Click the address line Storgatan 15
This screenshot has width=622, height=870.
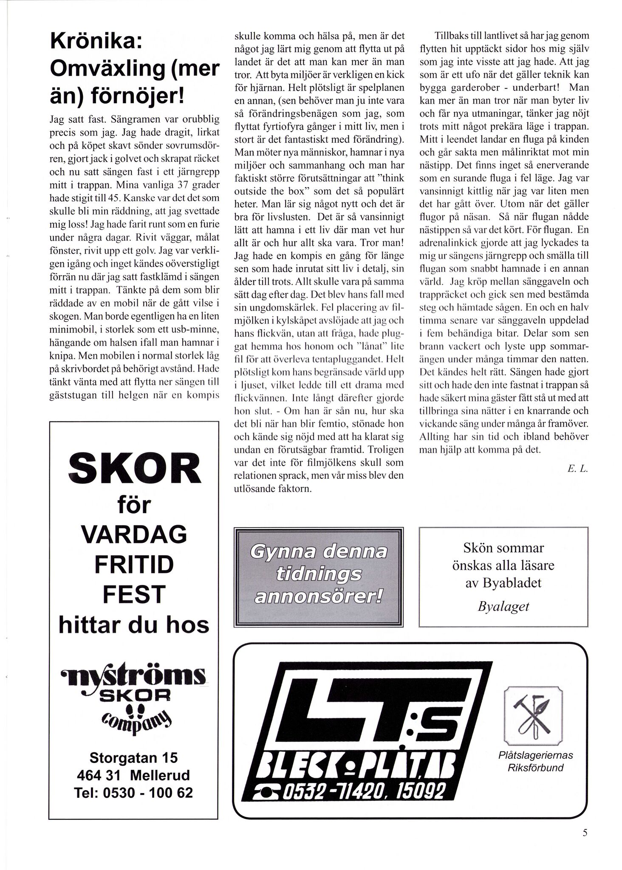point(134,757)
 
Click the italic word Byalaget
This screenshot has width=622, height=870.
point(503,606)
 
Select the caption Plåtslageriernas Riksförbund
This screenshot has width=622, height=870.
point(535,761)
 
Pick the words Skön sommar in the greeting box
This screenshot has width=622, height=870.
point(503,548)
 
